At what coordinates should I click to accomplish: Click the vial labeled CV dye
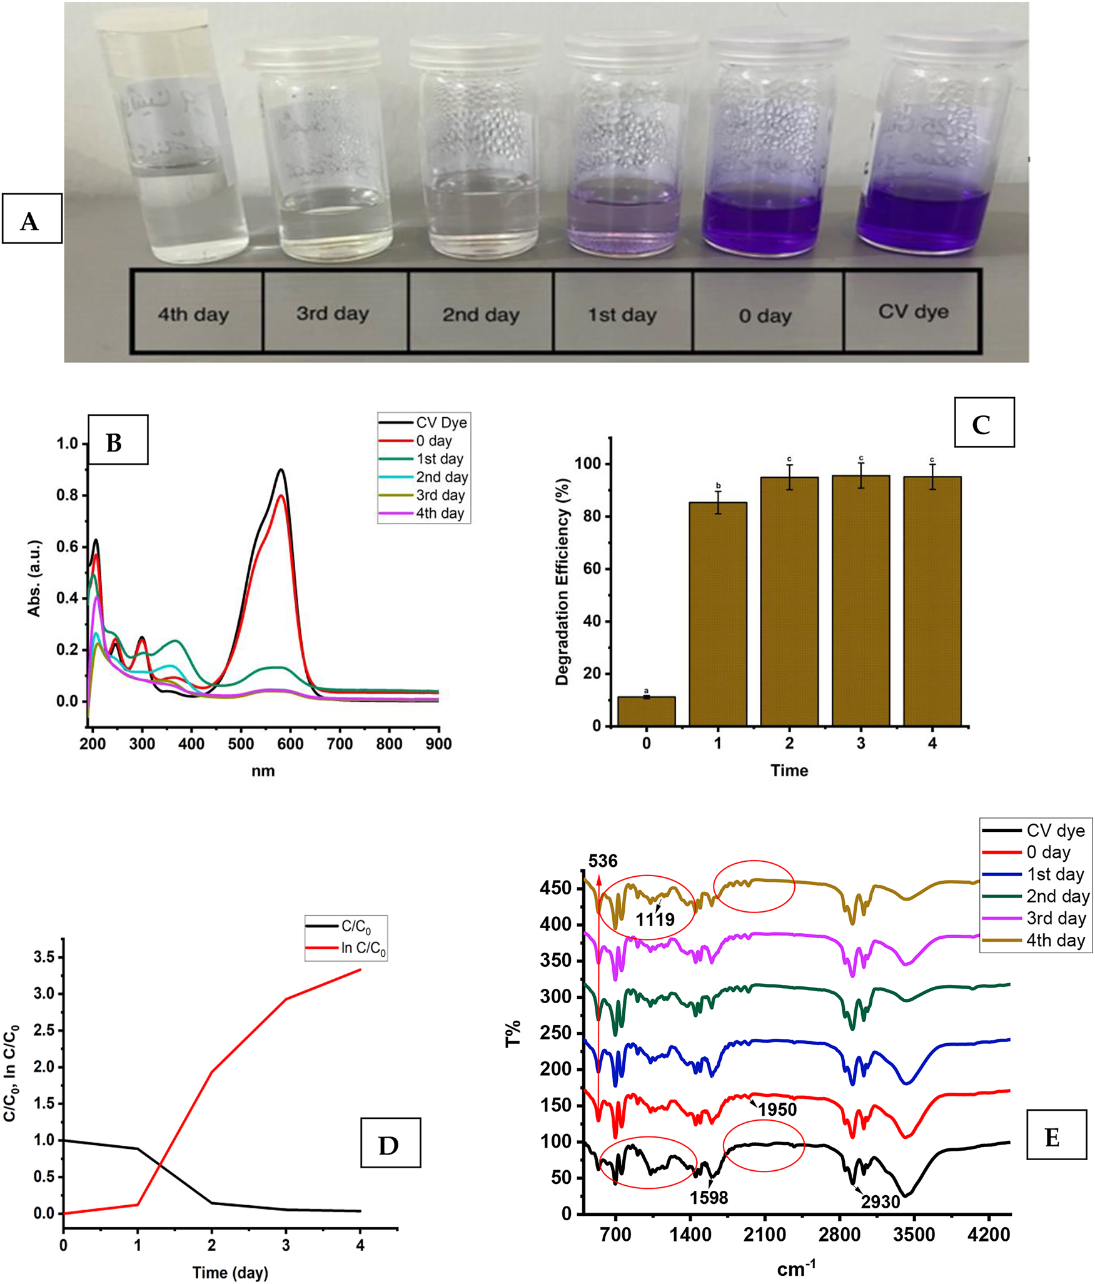coord(924,144)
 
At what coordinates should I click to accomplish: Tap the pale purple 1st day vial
coord(623,150)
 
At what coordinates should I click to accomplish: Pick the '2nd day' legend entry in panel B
coord(442,477)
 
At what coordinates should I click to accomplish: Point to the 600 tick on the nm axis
coord(290,744)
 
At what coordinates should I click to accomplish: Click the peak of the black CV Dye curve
coord(281,470)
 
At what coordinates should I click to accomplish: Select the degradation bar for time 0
coord(646,711)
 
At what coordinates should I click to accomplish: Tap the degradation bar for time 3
coord(860,600)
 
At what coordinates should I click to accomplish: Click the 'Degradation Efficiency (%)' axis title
coord(562,582)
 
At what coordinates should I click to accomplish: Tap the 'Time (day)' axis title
coord(230,1272)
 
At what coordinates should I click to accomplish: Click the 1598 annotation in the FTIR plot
coord(709,1197)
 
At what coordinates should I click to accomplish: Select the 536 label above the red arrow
coord(603,861)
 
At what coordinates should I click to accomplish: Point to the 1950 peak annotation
coord(777,1110)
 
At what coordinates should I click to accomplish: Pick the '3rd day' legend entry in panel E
coord(1056,918)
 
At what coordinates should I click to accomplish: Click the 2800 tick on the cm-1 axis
coord(839,1235)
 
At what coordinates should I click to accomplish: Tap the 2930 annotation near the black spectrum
coord(880,1201)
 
